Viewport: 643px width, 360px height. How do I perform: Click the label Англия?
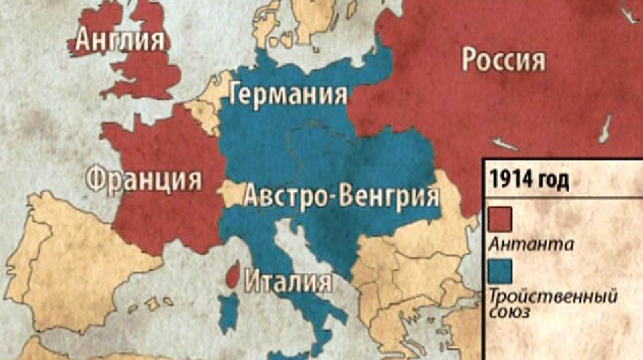(x=119, y=40)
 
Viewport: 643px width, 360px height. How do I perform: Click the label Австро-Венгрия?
(x=341, y=197)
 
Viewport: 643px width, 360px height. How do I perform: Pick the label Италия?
(x=288, y=279)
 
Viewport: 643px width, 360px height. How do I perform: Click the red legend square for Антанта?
(x=499, y=219)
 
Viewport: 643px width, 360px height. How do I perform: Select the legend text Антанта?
(x=530, y=245)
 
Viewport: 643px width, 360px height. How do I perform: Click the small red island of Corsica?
(x=232, y=274)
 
